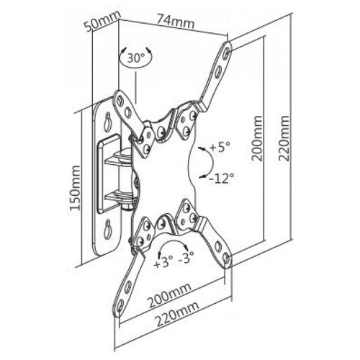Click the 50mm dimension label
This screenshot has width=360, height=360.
click(x=102, y=21)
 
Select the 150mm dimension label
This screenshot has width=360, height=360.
click(x=75, y=188)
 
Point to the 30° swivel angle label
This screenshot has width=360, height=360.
click(x=136, y=58)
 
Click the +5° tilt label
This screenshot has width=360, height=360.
click(x=220, y=147)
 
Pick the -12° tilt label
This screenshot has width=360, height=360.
click(x=221, y=178)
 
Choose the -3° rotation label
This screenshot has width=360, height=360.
click(x=186, y=258)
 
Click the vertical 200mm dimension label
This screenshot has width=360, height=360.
click(x=256, y=138)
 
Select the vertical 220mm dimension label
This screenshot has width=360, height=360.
click(x=284, y=138)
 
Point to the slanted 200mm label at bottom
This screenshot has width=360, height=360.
click(x=169, y=295)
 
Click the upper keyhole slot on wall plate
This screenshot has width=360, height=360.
click(x=107, y=121)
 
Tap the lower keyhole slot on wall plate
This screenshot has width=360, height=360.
click(x=108, y=229)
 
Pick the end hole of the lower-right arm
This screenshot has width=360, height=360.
click(x=227, y=258)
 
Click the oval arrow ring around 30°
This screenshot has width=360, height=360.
click(x=136, y=58)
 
